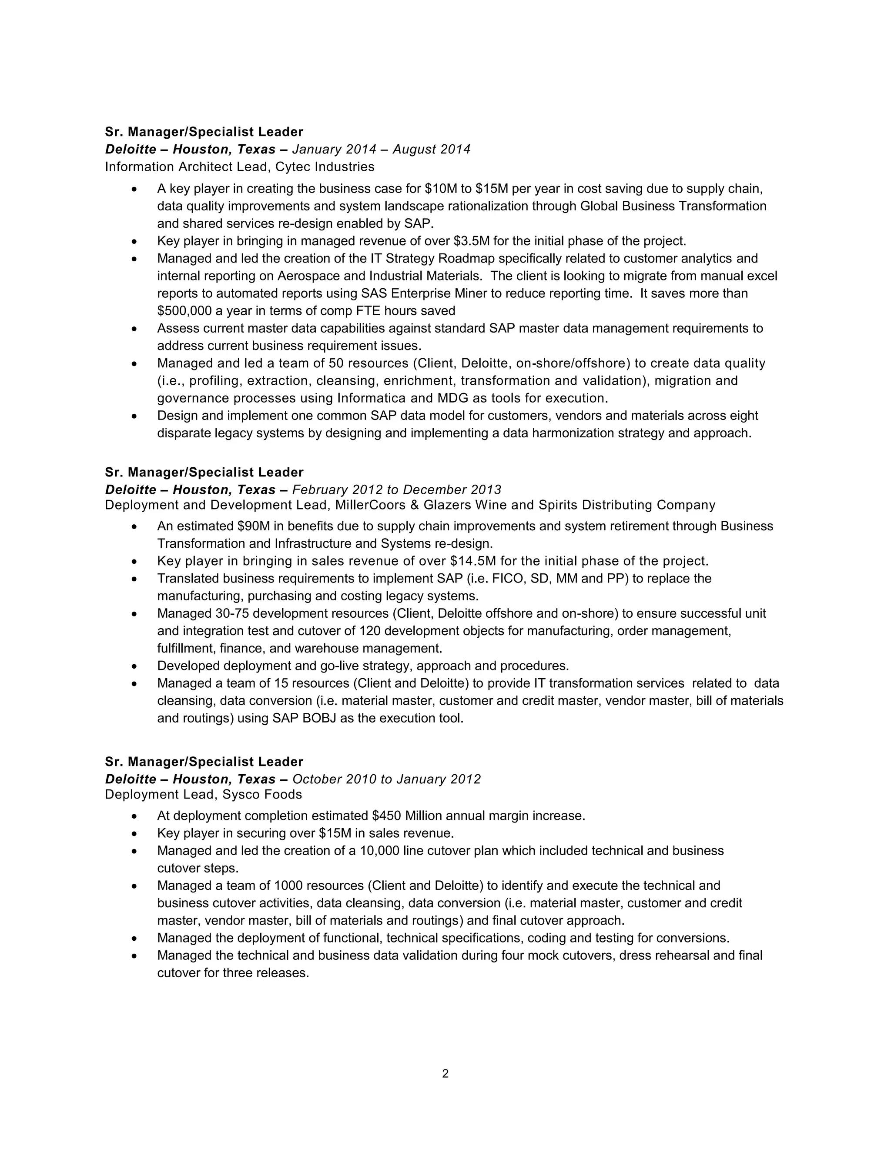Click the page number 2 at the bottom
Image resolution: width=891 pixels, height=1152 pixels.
point(445,1073)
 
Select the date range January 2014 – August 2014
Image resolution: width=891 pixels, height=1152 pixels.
point(381,149)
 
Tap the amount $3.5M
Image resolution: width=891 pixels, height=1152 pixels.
point(471,241)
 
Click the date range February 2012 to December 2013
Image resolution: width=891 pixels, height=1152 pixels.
point(396,489)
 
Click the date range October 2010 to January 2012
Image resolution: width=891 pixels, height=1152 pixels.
point(386,779)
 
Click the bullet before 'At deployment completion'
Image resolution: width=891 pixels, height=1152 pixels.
point(134,816)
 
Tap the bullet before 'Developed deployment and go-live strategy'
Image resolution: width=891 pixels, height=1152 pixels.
point(134,666)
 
